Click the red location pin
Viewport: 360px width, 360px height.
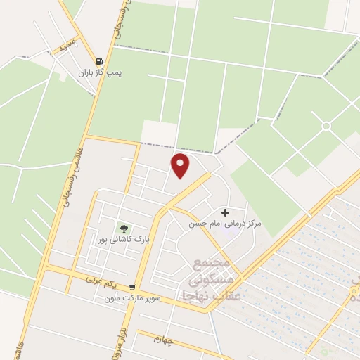(x=181, y=166)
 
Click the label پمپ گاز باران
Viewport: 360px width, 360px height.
(x=95, y=72)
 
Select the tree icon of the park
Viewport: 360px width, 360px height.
(x=124, y=228)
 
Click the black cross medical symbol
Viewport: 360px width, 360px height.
(x=225, y=212)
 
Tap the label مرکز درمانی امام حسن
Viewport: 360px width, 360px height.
(x=224, y=223)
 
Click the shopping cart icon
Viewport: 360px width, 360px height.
(x=132, y=287)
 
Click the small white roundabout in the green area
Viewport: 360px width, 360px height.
(x=326, y=126)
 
